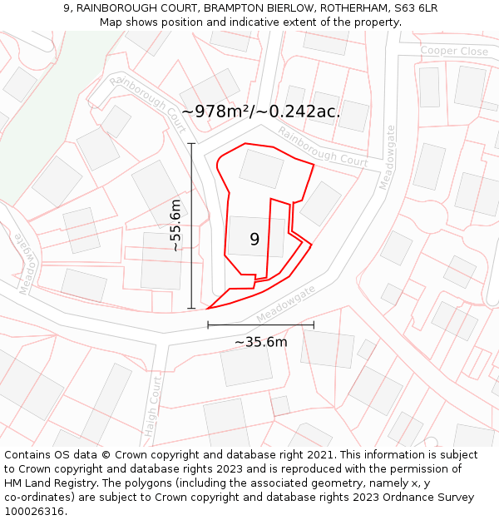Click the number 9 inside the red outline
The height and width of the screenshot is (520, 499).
click(254, 240)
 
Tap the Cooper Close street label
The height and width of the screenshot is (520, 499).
click(453, 52)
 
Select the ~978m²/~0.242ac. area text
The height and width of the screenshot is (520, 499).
click(260, 111)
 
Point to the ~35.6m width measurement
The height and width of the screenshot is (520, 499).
click(260, 342)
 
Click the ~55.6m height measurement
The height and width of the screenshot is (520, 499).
click(175, 225)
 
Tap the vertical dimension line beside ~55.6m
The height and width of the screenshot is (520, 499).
click(192, 225)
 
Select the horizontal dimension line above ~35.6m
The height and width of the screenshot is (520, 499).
click(260, 324)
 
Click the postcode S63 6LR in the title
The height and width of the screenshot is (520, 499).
click(413, 8)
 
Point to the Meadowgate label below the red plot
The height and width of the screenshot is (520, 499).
click(287, 305)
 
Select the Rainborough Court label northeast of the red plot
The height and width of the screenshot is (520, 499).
click(323, 146)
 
